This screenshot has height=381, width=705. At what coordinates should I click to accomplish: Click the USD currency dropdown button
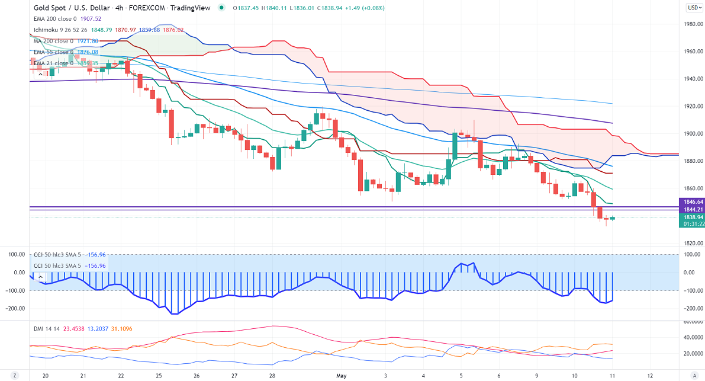[694, 8]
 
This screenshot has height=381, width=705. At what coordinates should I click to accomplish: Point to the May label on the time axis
[340, 376]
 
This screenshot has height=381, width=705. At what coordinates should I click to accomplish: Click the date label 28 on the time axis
[272, 376]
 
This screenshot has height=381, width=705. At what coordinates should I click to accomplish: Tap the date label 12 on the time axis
[650, 376]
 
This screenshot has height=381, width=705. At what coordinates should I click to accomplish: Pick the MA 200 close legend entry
[52, 41]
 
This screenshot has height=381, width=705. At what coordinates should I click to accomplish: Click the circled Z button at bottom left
[15, 376]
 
